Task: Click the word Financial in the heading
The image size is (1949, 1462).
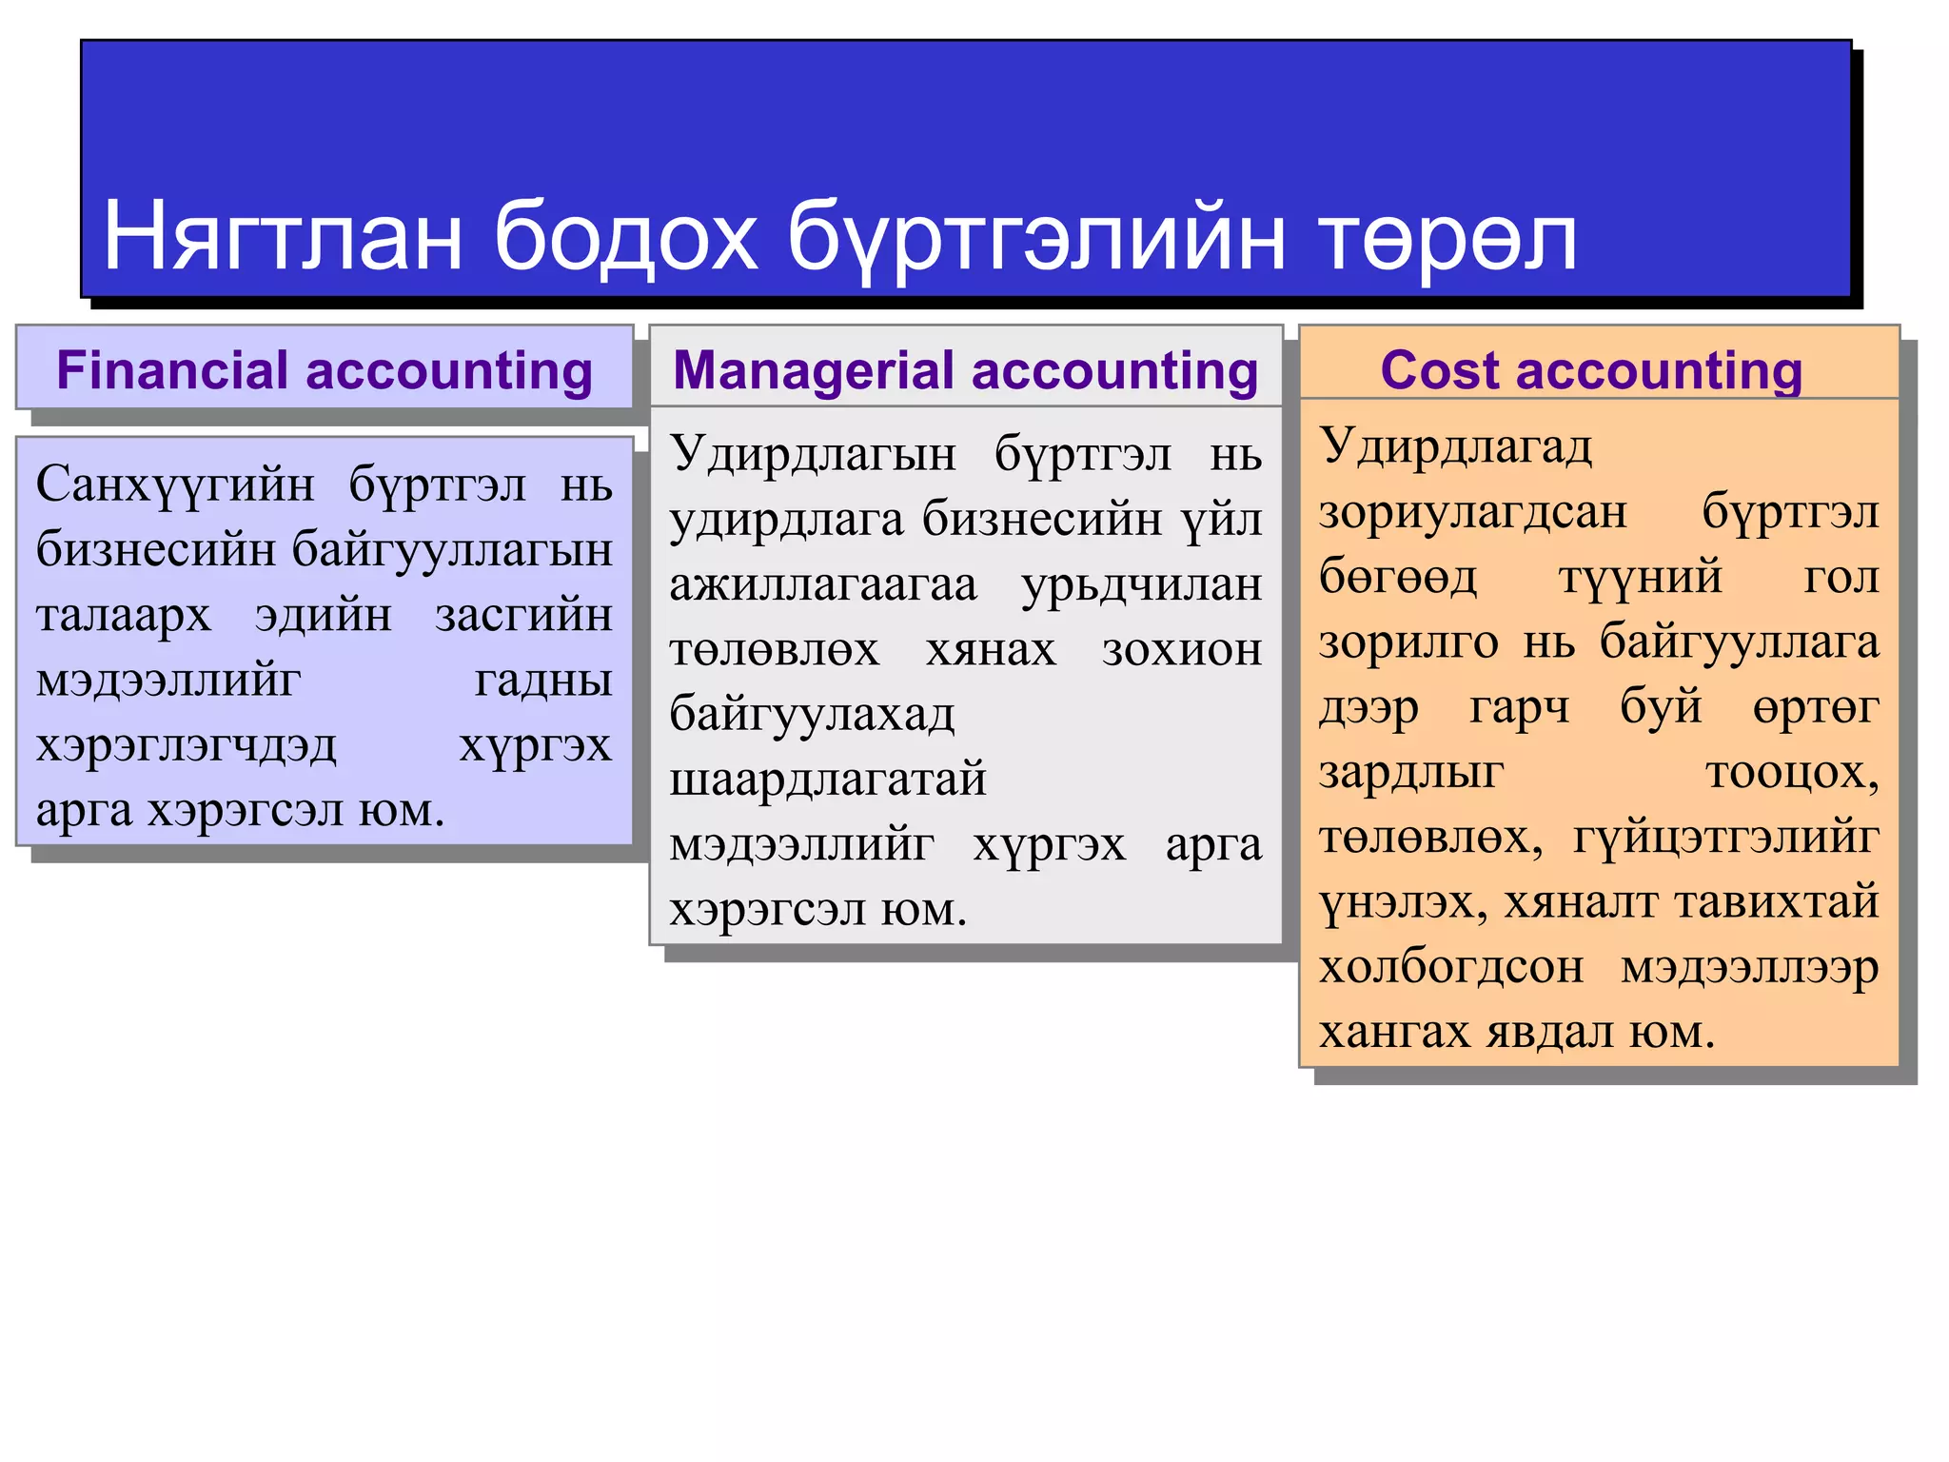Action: coord(172,370)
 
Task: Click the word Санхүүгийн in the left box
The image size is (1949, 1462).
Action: coord(175,485)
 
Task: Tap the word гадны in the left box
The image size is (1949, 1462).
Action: coord(543,680)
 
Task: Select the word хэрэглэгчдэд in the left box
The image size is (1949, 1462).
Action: coord(187,745)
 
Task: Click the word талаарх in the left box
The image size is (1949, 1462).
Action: coord(124,615)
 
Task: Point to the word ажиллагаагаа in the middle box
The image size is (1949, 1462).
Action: coord(823,584)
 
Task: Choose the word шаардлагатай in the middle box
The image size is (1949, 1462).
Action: coord(828,780)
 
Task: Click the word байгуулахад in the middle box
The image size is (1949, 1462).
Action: coord(812,715)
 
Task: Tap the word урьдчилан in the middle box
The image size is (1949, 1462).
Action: coord(1142,584)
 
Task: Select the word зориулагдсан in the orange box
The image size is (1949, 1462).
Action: coord(1473,513)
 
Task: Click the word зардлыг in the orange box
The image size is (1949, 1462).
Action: coord(1411,772)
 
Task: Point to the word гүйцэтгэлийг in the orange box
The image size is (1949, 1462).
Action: coord(1725,838)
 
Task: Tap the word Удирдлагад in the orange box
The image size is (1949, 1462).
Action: coord(1455,446)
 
